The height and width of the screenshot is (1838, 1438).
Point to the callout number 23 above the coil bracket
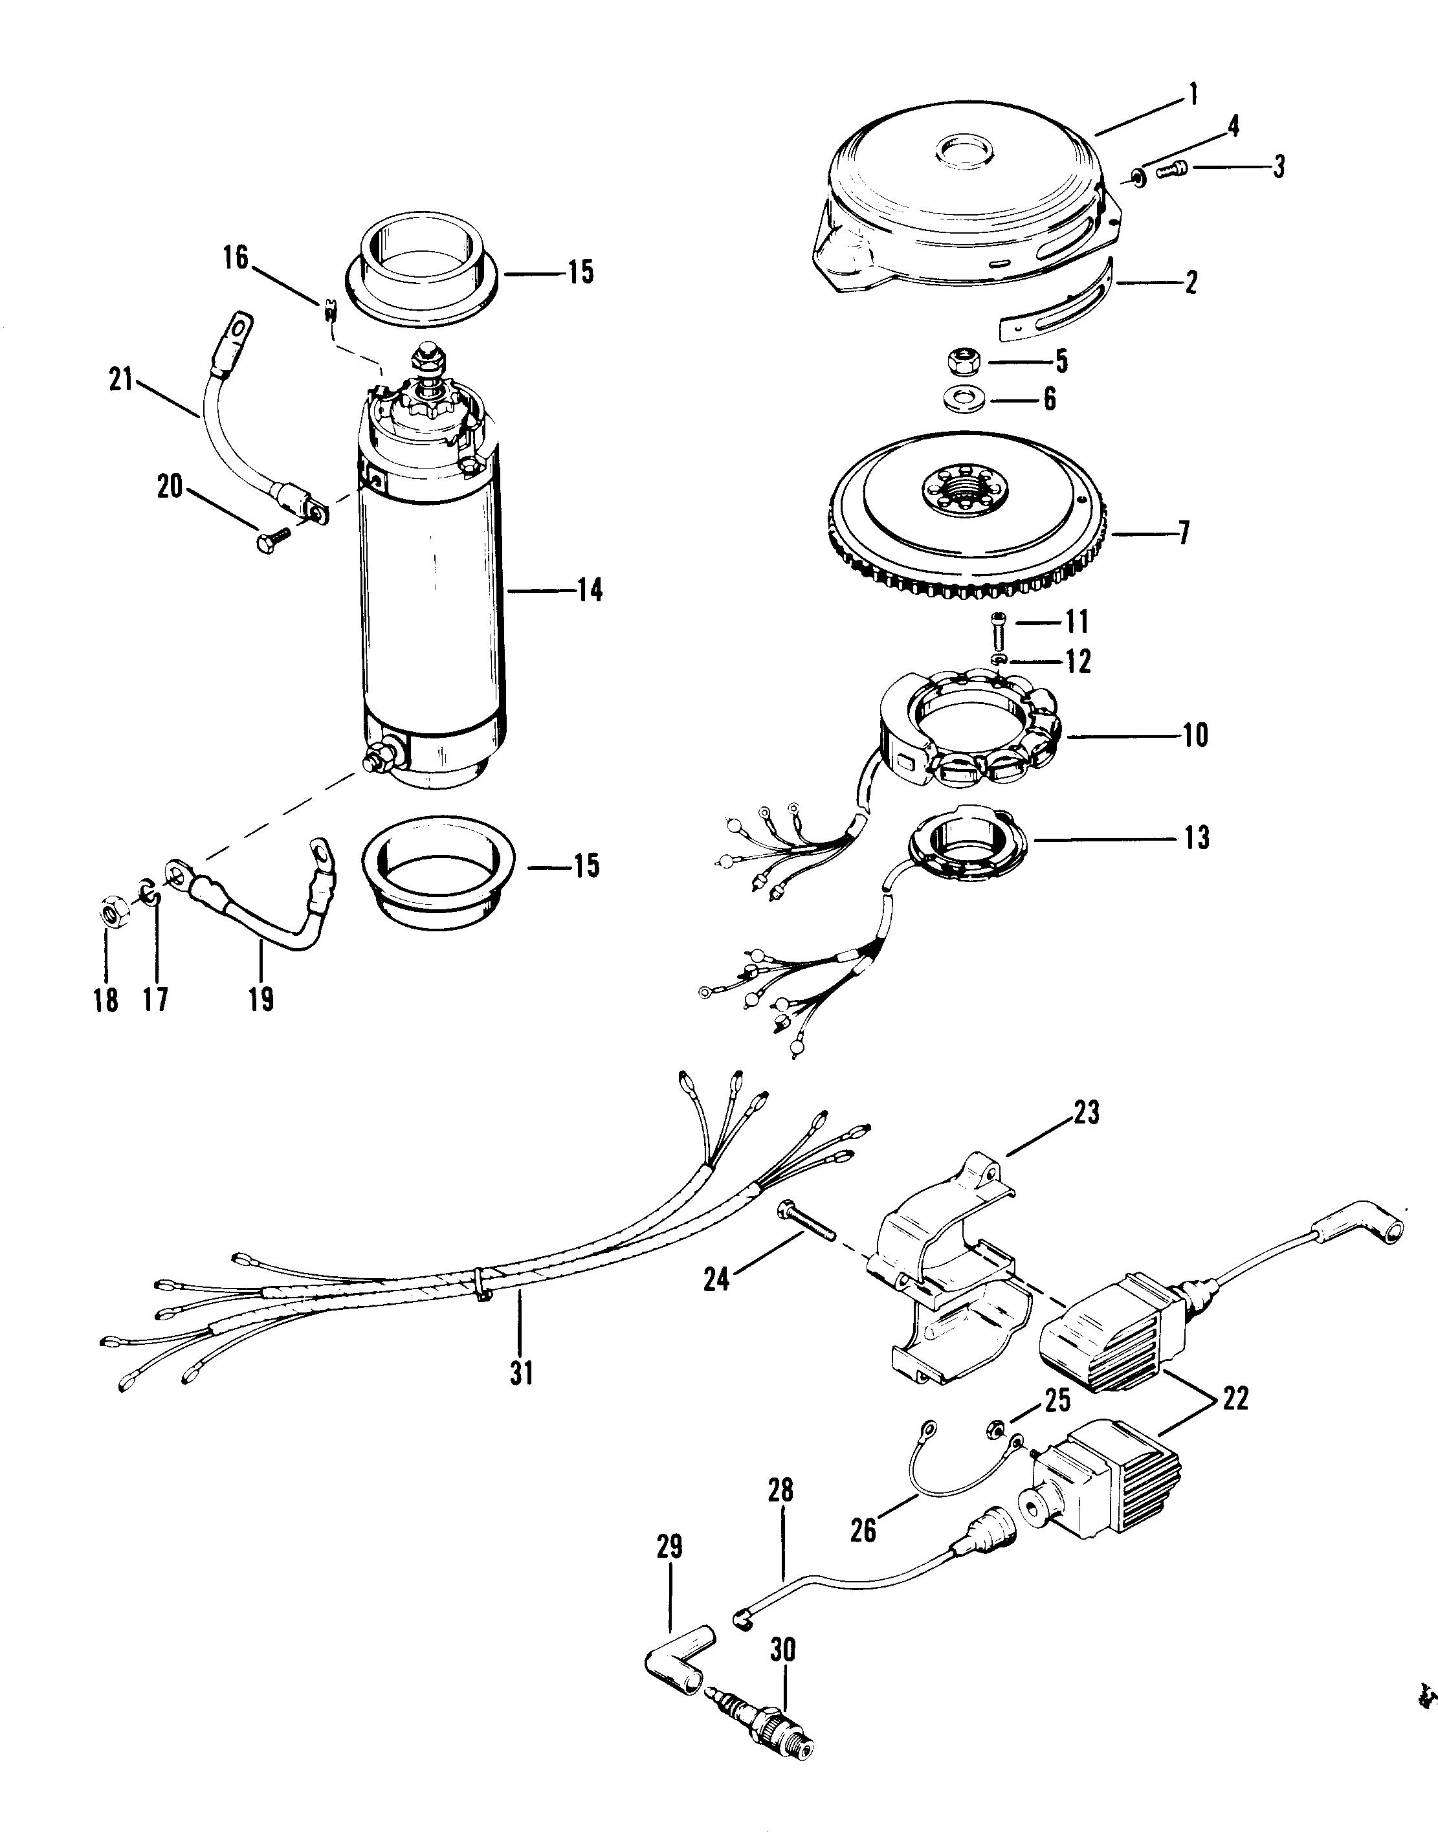pyautogui.click(x=1086, y=1114)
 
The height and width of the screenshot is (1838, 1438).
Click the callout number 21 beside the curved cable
pyautogui.click(x=122, y=381)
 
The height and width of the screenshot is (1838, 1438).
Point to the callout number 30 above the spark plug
pyautogui.click(x=783, y=1650)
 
